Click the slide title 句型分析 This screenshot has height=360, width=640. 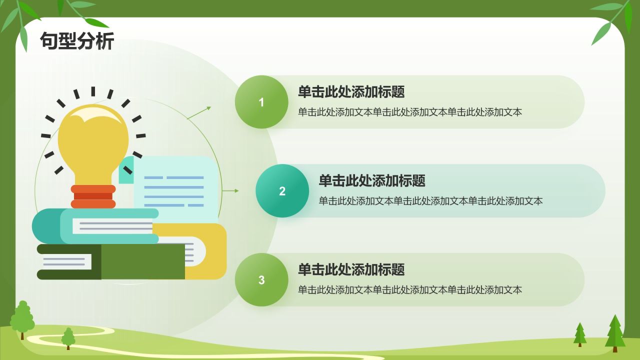(x=77, y=41)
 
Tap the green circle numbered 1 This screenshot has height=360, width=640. (x=261, y=102)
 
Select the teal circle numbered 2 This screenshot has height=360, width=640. (x=282, y=191)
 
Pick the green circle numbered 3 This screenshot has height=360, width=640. (x=261, y=280)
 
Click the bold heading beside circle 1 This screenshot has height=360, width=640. (x=351, y=92)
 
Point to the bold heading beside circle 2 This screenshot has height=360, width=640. (x=372, y=181)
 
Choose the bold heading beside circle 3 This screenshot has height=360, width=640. (x=351, y=270)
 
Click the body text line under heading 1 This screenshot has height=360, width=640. (x=410, y=112)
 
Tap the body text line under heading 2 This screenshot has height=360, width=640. (x=430, y=201)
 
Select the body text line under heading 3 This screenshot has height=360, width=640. (x=410, y=290)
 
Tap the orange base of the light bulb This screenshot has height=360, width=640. (x=93, y=196)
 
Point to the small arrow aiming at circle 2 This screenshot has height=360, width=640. (x=230, y=190)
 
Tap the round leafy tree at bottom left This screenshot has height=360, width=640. (x=22, y=319)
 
